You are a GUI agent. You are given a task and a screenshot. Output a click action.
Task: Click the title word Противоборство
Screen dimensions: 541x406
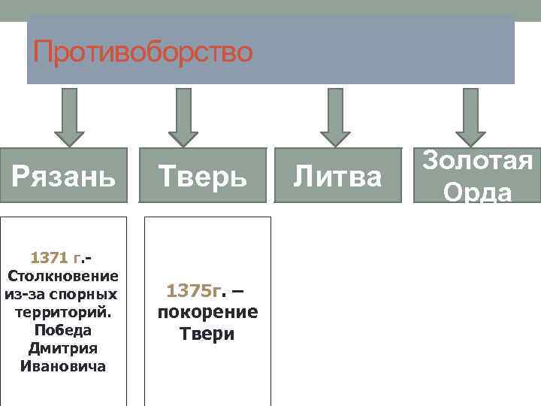[143, 53]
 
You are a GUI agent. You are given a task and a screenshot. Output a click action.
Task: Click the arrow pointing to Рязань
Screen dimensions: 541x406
[69, 117]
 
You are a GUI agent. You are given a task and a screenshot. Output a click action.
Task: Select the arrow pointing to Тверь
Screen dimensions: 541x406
[183, 117]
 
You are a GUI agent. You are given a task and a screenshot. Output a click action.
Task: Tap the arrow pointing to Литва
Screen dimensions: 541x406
[336, 117]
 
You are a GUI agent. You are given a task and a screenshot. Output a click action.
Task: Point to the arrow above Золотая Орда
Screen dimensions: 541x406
[471, 117]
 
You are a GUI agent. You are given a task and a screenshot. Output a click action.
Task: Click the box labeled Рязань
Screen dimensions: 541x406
[64, 177]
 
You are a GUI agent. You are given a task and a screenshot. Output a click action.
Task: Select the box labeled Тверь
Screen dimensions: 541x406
[203, 177]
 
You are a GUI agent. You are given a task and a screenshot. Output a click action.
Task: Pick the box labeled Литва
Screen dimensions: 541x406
[337, 177]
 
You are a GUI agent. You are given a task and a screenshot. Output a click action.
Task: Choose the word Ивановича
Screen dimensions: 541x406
[64, 366]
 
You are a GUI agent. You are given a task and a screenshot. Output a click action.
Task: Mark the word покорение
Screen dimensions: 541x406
[207, 312]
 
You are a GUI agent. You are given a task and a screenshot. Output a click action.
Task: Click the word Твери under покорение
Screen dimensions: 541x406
[207, 333]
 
